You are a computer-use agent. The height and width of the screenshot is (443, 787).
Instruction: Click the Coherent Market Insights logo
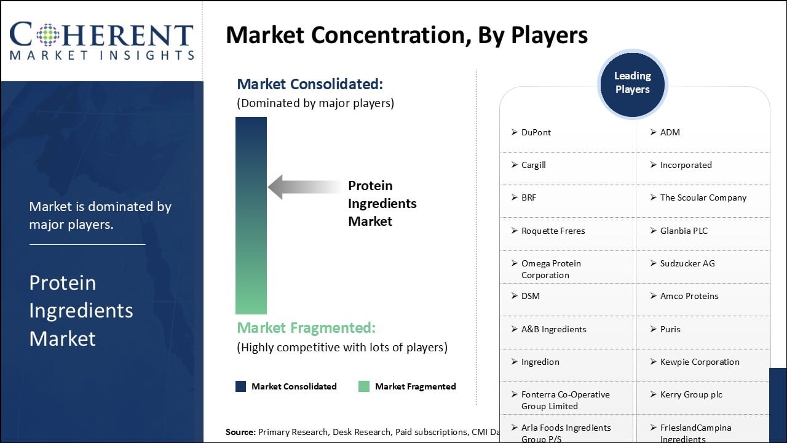tap(101, 41)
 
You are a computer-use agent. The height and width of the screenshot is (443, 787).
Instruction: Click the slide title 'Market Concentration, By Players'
tap(406, 35)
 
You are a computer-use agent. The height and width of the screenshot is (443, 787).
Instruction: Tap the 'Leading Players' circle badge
tap(632, 83)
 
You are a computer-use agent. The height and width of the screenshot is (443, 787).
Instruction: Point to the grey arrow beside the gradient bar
tap(304, 187)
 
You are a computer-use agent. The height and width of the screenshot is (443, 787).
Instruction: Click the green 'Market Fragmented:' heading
tap(306, 328)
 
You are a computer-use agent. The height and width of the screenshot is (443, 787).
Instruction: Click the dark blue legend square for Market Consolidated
tap(241, 386)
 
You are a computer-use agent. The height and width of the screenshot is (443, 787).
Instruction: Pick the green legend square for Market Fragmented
tap(364, 386)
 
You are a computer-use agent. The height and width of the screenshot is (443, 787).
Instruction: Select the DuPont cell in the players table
tap(536, 132)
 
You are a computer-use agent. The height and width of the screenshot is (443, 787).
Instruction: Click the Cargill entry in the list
tap(533, 165)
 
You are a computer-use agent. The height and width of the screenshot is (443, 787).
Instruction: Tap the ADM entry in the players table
tap(670, 132)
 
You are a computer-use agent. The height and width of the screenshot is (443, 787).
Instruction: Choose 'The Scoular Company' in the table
tap(703, 198)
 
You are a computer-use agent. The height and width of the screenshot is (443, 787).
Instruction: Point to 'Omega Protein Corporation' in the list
tap(551, 269)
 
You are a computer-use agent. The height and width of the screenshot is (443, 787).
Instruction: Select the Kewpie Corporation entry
tap(699, 362)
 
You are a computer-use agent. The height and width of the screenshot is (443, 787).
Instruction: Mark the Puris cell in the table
tap(670, 329)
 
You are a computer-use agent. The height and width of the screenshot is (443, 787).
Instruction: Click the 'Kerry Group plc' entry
tap(691, 394)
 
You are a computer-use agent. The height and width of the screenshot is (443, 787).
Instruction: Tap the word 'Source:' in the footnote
tap(240, 432)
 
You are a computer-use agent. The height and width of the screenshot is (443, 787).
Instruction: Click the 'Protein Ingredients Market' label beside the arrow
tap(382, 203)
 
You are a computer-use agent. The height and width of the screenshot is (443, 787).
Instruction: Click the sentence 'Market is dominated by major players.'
tap(100, 215)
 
